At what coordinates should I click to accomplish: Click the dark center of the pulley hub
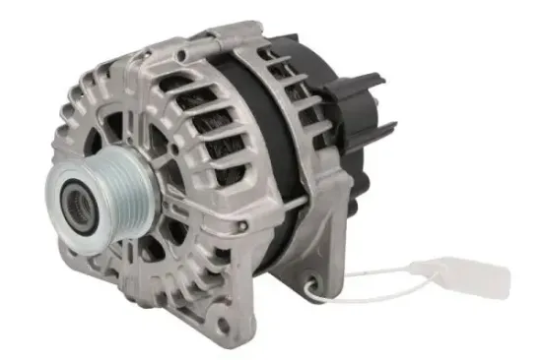point(77,207)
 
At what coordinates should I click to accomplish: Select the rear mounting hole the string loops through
point(317,282)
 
